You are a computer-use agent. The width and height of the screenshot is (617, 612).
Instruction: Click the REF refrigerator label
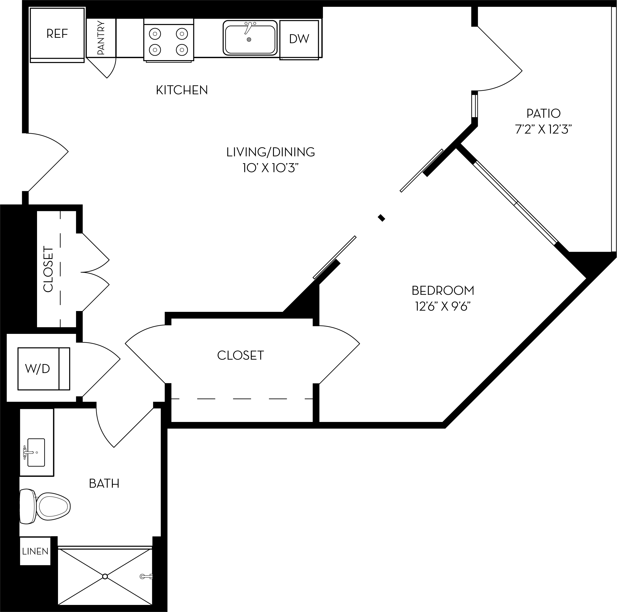click(57, 33)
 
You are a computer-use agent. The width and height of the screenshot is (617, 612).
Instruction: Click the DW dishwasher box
click(299, 39)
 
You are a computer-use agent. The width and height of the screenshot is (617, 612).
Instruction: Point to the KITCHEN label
click(182, 90)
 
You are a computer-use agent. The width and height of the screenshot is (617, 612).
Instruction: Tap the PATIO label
click(543, 113)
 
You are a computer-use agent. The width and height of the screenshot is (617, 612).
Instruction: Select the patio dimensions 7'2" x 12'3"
click(543, 129)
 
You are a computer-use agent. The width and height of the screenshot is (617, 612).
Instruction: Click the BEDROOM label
click(443, 291)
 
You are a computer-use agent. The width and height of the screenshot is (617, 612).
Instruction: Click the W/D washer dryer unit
click(38, 369)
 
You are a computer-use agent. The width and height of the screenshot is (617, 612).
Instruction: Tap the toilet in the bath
click(48, 507)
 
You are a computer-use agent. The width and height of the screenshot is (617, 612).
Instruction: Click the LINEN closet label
click(35, 551)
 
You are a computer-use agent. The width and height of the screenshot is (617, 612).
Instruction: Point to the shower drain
click(105, 577)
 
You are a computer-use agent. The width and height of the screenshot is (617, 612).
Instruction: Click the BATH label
click(104, 483)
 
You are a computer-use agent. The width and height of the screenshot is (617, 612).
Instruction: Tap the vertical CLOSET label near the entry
click(48, 269)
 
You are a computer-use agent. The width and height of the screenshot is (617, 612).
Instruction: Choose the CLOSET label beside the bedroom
click(240, 355)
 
